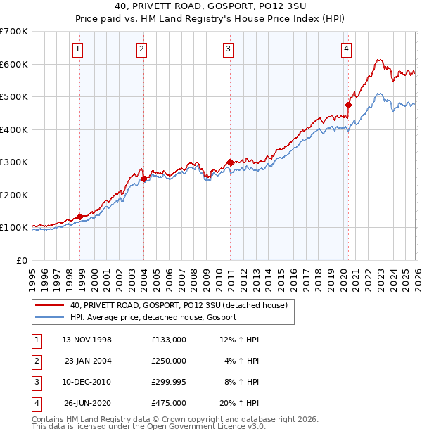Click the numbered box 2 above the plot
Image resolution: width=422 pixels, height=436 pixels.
coord(141,49)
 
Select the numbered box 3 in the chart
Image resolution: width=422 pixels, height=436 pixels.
coord(229,49)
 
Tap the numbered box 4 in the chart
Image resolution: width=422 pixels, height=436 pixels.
coord(347,49)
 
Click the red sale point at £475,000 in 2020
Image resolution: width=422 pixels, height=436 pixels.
coord(348,105)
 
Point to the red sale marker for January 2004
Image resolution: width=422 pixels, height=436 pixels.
coord(143,179)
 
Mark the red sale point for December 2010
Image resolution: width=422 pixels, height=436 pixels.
coord(230,162)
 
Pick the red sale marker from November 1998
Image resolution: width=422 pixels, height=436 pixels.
coord(79,217)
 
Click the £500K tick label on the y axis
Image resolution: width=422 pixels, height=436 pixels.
coord(13,97)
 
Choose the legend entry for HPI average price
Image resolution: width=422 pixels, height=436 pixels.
coord(153,317)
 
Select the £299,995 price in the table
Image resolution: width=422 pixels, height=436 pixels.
coord(168,382)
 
